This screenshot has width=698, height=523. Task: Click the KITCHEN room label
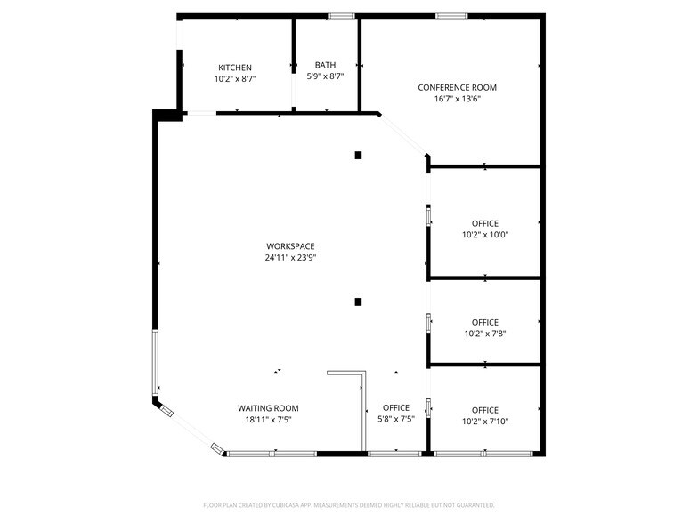click(x=235, y=68)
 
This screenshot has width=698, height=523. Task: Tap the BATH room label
click(x=325, y=65)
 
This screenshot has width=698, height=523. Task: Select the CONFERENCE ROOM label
click(x=457, y=87)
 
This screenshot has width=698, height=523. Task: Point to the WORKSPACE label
click(x=290, y=246)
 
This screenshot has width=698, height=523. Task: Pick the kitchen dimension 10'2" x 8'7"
click(x=235, y=79)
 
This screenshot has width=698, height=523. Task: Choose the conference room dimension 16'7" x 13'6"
click(x=457, y=99)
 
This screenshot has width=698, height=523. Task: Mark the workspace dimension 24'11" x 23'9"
click(x=290, y=258)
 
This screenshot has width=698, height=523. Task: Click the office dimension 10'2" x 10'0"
click(x=484, y=235)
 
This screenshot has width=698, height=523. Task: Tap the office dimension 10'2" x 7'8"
click(x=484, y=334)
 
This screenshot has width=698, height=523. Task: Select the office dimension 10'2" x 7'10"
click(x=484, y=422)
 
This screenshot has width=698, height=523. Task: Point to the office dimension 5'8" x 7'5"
click(x=395, y=419)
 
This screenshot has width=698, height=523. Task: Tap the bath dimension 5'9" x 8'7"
click(x=325, y=76)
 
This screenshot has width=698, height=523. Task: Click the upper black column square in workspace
click(x=358, y=155)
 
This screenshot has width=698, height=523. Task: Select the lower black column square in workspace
click(x=358, y=302)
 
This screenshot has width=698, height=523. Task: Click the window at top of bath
click(x=341, y=16)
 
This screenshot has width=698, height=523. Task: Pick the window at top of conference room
click(x=451, y=16)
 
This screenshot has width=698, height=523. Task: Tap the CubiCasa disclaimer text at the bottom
click(x=349, y=504)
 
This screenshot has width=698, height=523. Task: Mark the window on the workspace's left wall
click(x=156, y=363)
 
